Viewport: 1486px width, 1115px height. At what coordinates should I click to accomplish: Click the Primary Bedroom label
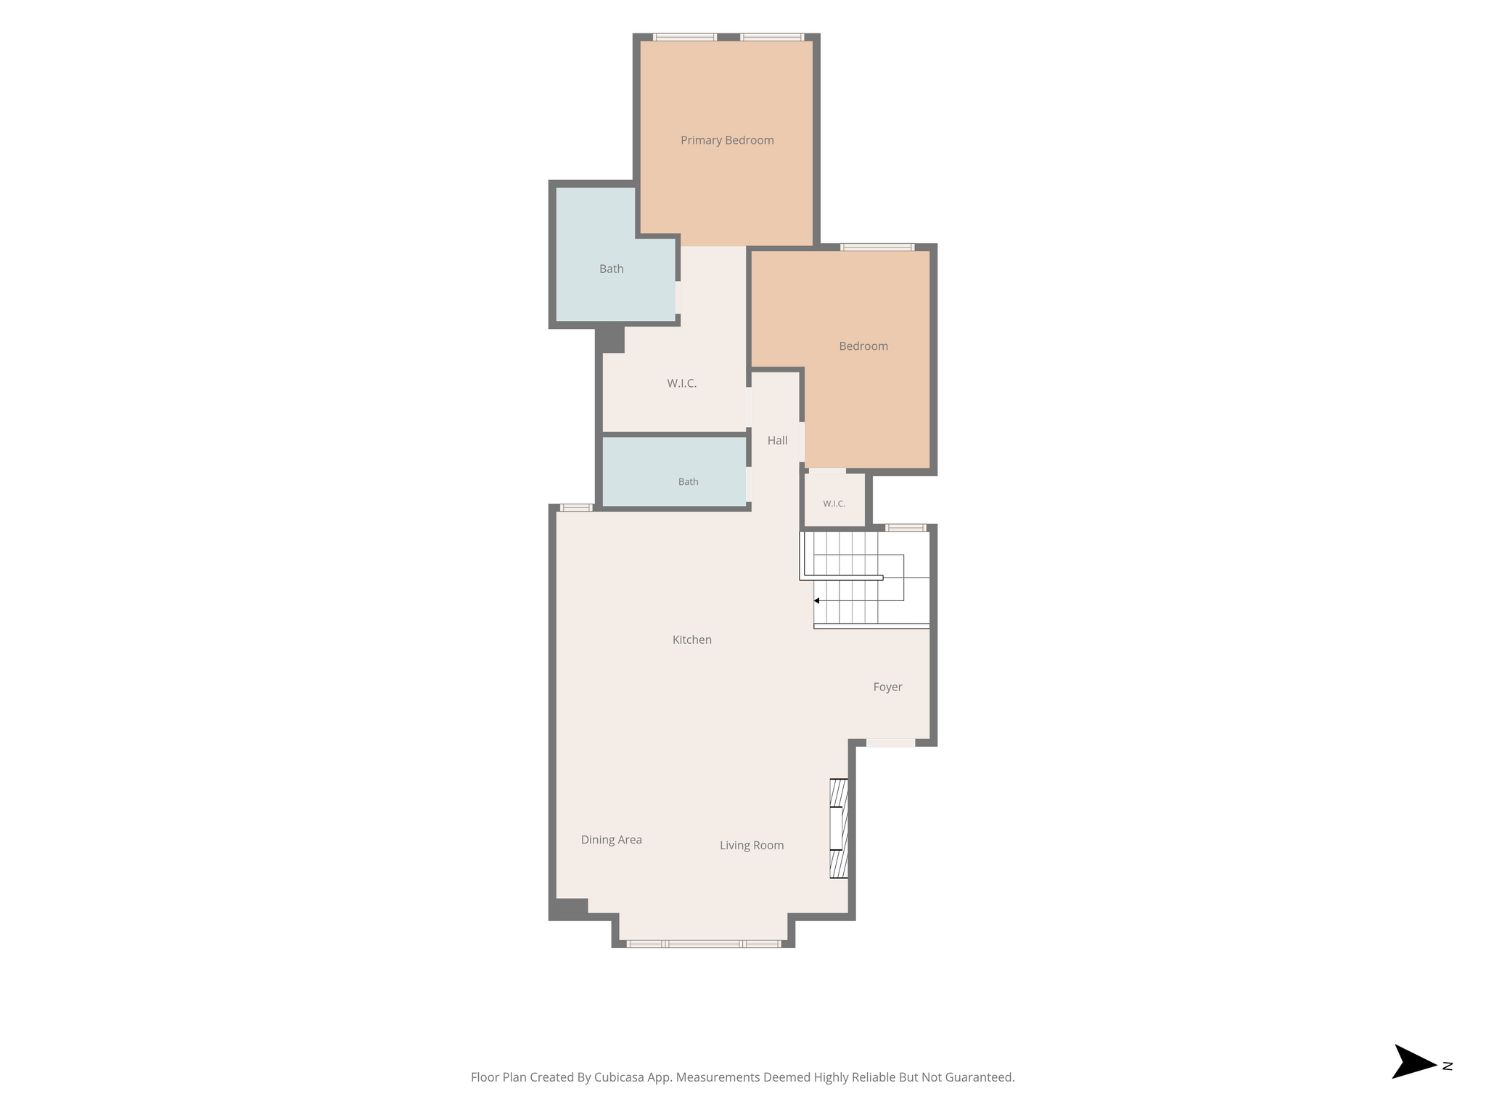[x=727, y=140]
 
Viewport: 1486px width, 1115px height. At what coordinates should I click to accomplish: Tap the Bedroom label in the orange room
[x=863, y=346]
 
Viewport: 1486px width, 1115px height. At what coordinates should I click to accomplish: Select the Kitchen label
[x=692, y=640]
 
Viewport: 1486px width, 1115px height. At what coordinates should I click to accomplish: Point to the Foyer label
[x=887, y=687]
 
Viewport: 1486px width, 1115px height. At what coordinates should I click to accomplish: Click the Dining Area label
[x=612, y=840]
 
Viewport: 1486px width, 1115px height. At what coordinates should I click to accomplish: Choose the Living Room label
[x=752, y=845]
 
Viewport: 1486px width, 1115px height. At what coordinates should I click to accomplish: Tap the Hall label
[x=777, y=441]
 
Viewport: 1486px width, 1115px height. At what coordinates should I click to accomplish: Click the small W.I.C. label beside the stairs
[x=834, y=504]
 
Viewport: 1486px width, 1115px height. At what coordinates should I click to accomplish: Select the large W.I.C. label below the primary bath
[x=682, y=383]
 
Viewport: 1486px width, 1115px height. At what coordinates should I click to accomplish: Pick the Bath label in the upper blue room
[x=612, y=269]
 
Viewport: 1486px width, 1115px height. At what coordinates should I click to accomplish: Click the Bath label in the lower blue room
[x=689, y=482]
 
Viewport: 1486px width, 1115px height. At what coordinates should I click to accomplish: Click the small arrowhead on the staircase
[x=816, y=601]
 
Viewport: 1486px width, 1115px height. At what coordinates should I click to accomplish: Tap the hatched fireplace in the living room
[x=839, y=828]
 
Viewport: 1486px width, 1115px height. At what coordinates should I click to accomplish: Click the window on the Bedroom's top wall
[x=877, y=248]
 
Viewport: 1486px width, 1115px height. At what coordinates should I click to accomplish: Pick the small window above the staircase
[x=906, y=528]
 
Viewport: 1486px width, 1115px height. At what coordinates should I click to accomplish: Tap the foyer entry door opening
[x=890, y=743]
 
